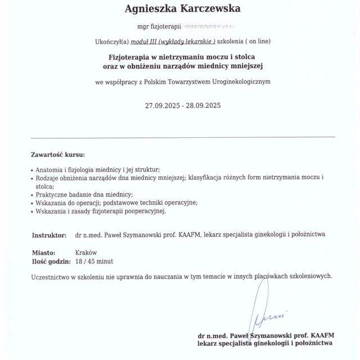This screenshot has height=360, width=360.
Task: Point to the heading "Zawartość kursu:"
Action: click(x=58, y=154)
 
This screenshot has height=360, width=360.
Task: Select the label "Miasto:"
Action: click(x=43, y=253)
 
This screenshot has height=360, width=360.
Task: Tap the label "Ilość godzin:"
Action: click(x=51, y=262)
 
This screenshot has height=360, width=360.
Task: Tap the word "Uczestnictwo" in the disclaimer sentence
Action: click(x=53, y=276)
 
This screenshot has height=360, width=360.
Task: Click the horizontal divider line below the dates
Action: click(x=182, y=137)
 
